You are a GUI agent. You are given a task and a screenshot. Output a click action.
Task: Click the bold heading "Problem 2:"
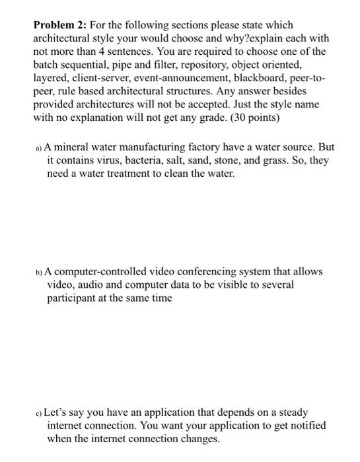point(60,25)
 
